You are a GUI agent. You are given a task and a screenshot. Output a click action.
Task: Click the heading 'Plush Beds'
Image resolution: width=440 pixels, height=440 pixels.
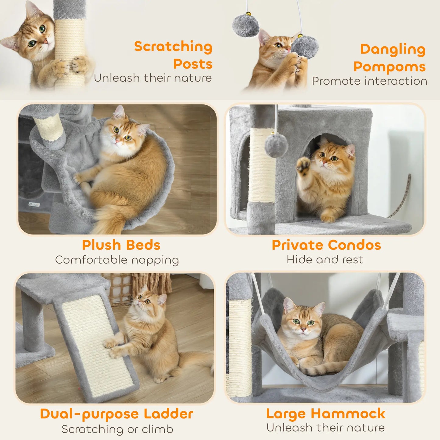click(x=121, y=245)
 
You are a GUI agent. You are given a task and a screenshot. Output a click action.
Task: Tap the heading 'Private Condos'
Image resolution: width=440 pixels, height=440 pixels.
click(x=326, y=245)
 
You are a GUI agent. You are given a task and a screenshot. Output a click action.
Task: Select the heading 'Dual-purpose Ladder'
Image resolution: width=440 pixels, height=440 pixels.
click(x=117, y=414)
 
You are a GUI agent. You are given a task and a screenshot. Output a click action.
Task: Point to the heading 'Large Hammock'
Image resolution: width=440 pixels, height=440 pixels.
click(x=326, y=414)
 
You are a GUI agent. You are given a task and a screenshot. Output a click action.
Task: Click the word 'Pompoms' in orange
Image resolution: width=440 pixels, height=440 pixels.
click(x=389, y=67)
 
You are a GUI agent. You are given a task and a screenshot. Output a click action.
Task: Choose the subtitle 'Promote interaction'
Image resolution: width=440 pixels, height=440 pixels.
click(x=369, y=81)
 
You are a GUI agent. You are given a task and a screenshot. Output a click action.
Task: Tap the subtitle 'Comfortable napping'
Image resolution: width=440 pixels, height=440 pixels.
click(x=117, y=260)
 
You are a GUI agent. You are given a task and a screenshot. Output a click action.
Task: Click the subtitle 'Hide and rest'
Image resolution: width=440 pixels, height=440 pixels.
click(x=325, y=260)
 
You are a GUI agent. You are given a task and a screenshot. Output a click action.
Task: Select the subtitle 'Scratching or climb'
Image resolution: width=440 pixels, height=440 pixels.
click(x=117, y=429)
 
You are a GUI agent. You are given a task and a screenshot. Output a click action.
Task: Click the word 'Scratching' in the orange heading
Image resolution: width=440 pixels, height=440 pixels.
click(x=173, y=47)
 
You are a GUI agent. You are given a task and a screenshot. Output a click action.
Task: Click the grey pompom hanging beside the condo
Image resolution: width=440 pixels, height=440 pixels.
click(x=276, y=145)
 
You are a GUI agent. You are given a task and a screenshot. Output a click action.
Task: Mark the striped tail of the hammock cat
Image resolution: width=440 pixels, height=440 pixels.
click(x=323, y=369)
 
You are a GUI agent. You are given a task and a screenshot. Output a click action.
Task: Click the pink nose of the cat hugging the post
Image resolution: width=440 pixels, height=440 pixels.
click(x=45, y=41)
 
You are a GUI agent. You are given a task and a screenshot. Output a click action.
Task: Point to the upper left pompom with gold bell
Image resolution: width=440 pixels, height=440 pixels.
click(x=245, y=25)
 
